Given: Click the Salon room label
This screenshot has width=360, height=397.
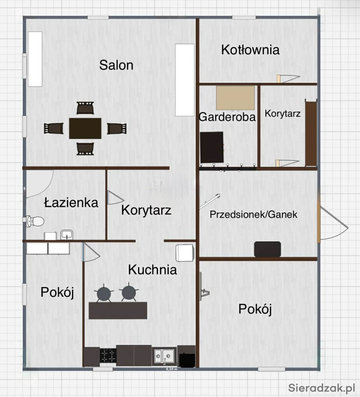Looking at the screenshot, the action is [x=116, y=65].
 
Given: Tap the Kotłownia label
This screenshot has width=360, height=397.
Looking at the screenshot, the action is [x=250, y=50].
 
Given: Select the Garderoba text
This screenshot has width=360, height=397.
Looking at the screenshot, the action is [x=227, y=117].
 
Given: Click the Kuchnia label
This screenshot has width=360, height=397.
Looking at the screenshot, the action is [x=152, y=269].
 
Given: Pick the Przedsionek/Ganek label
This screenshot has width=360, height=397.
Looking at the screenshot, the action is [x=253, y=214].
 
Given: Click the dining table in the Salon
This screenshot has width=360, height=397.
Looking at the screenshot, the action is [x=85, y=128].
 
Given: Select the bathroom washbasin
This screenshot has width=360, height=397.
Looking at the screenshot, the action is [x=67, y=235].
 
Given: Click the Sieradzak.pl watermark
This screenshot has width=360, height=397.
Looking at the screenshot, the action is [x=322, y=387].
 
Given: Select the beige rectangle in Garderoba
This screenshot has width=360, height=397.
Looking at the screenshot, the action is [x=235, y=98].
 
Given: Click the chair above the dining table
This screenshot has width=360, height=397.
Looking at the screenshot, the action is [x=85, y=108].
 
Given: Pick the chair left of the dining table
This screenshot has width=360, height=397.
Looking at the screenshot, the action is [x=54, y=128].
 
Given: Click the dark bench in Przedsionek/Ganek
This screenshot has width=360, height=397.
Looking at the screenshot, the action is [x=268, y=249].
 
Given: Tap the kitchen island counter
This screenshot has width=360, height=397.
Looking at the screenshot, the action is [x=118, y=311].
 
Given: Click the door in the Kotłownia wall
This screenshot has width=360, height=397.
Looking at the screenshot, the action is [x=288, y=79].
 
